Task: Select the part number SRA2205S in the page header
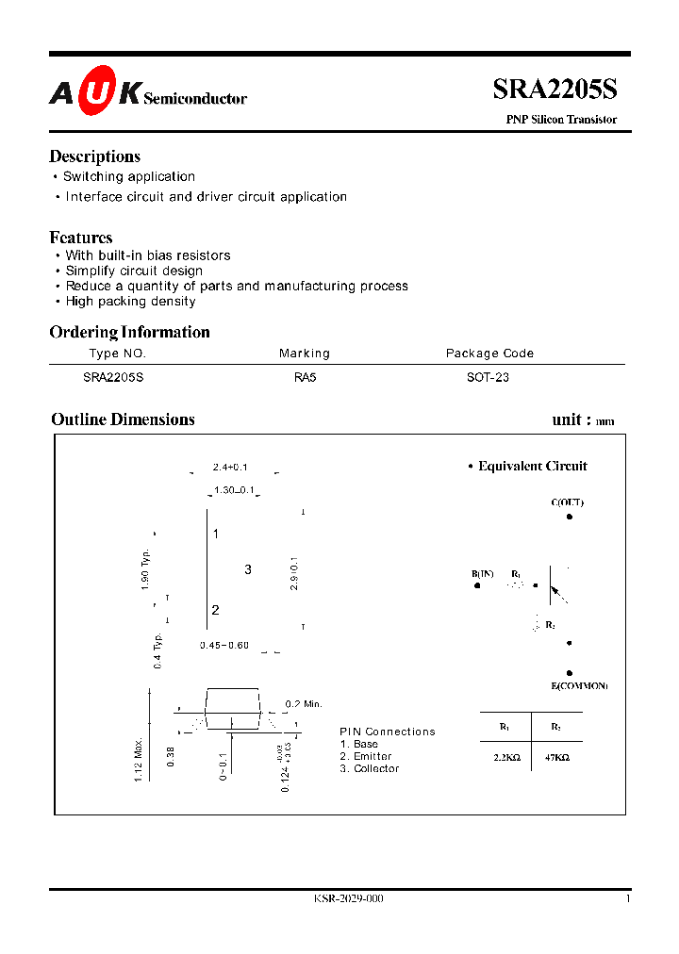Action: point(555,90)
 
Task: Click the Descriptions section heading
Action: point(94,156)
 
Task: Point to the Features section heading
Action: point(81,238)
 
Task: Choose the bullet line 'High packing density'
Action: point(130,302)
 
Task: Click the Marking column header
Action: point(305,354)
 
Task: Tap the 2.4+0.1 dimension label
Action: point(230,468)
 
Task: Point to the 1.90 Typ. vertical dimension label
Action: point(146,569)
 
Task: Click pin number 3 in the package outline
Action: point(248,569)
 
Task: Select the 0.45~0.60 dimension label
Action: point(224,646)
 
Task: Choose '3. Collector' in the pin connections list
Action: point(370,769)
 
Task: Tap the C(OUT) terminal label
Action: point(568,502)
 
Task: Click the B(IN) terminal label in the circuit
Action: point(483,573)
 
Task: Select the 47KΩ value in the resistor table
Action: point(557,757)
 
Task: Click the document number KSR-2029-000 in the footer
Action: point(348,899)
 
